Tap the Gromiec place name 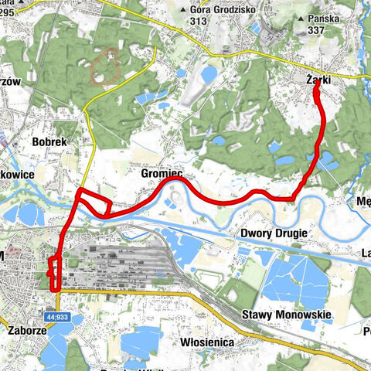[x=162, y=175]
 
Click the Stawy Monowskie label [x=287, y=315]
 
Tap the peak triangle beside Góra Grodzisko [x=182, y=10]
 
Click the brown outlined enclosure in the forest [x=104, y=68]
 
